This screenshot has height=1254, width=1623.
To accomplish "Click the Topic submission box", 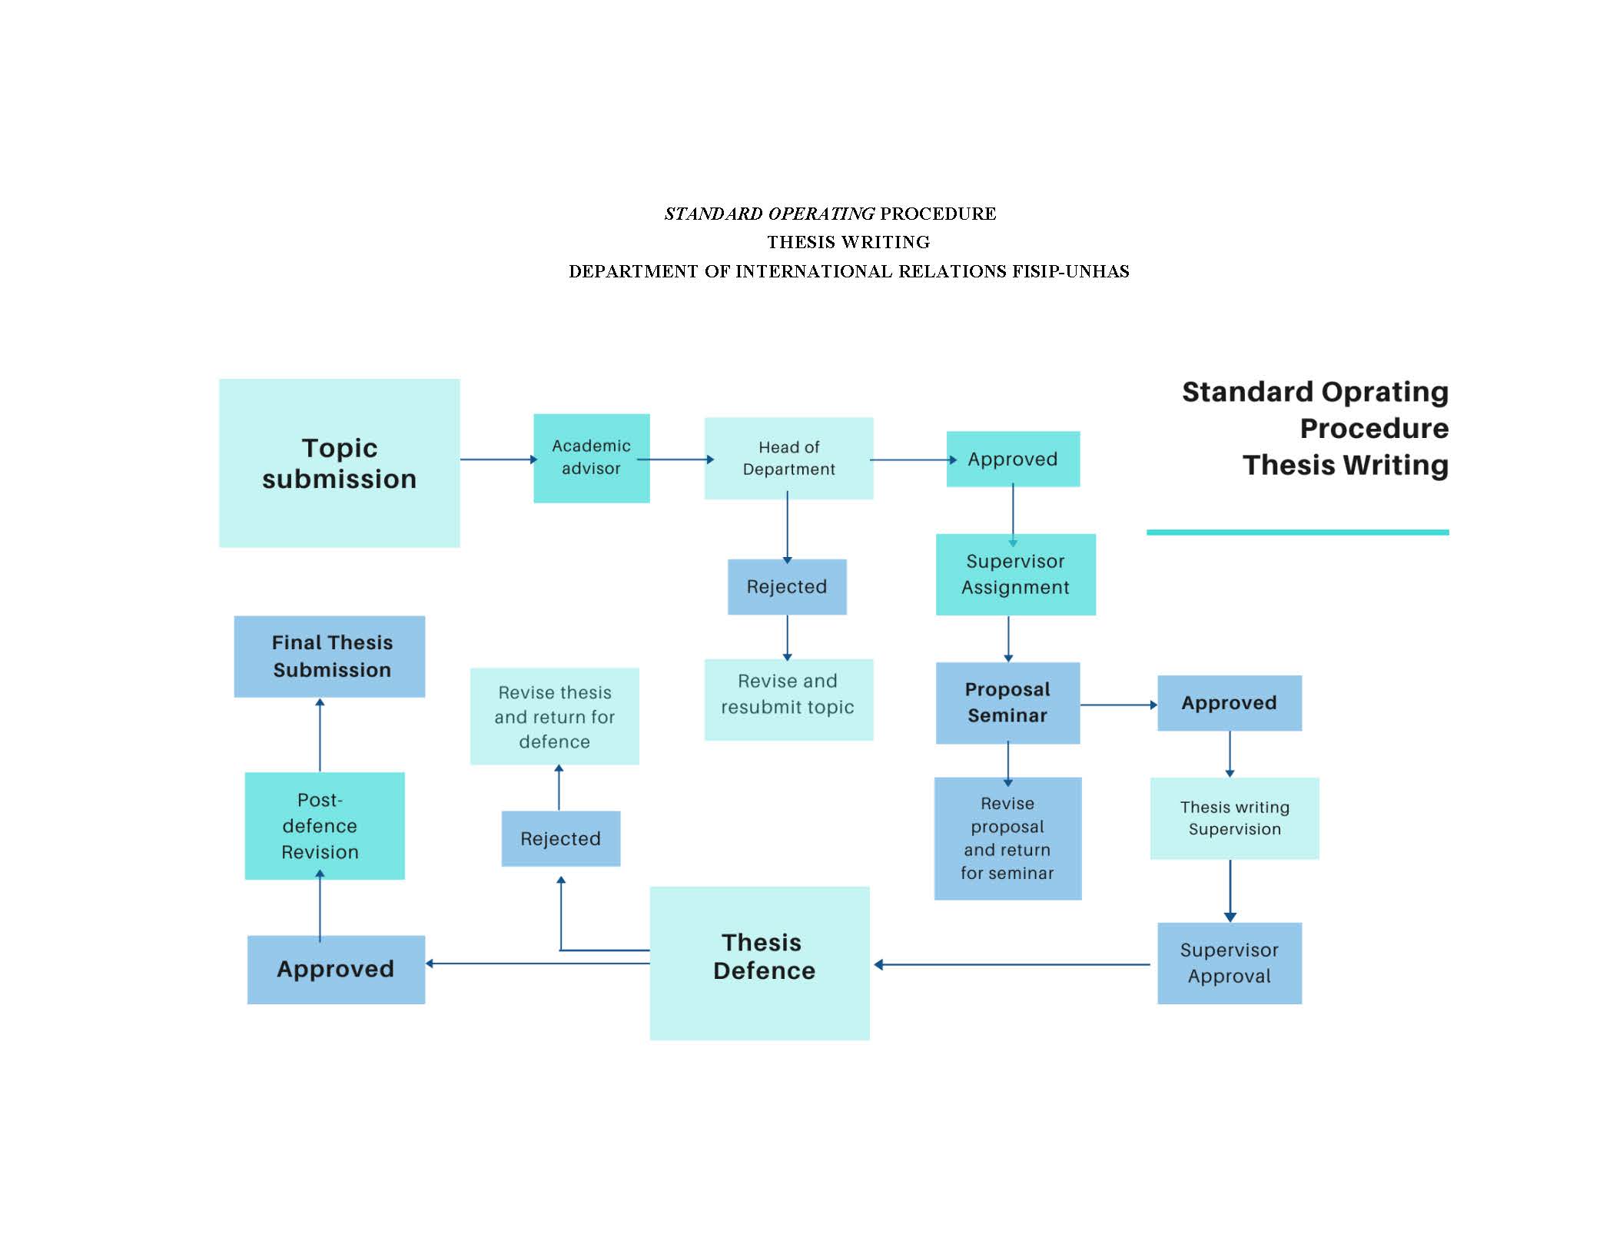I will (339, 463).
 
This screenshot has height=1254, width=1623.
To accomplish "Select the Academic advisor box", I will (591, 458).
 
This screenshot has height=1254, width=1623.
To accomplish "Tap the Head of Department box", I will (788, 458).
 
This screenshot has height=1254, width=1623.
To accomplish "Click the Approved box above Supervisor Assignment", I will (1012, 459).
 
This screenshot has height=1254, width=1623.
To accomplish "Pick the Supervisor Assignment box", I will (1015, 574).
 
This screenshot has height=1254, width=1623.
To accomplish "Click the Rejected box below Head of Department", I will (787, 586).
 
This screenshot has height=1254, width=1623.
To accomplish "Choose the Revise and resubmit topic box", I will (788, 699).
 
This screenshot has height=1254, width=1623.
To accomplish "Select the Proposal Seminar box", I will (1007, 702).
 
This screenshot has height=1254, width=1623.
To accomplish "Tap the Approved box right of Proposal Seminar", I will (1229, 702).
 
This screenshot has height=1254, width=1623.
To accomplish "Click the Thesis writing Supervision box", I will (1234, 818).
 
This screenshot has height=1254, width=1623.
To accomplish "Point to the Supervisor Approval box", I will (1229, 963).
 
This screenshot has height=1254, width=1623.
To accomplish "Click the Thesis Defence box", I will (759, 963).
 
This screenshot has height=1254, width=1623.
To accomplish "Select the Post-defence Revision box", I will (324, 825).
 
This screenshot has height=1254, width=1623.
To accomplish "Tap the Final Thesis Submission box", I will (329, 656).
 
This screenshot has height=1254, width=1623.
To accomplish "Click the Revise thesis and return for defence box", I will (554, 716).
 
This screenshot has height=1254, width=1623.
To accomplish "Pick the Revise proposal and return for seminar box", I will (1007, 838).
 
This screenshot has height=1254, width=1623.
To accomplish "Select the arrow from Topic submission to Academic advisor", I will (497, 459).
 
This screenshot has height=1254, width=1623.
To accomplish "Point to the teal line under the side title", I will (1297, 532).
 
